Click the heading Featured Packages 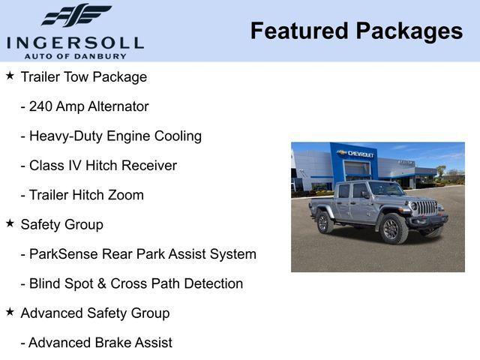tap(356, 31)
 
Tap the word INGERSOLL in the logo tap(75, 41)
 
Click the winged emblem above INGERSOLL tap(76, 15)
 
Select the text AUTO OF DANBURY tap(75, 56)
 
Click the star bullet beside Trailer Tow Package tap(10, 76)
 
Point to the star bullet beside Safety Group tap(10, 223)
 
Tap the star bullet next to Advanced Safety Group tap(10, 312)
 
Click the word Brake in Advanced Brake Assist tap(112, 343)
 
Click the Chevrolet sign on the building tap(356, 153)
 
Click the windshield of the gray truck tap(385, 189)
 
